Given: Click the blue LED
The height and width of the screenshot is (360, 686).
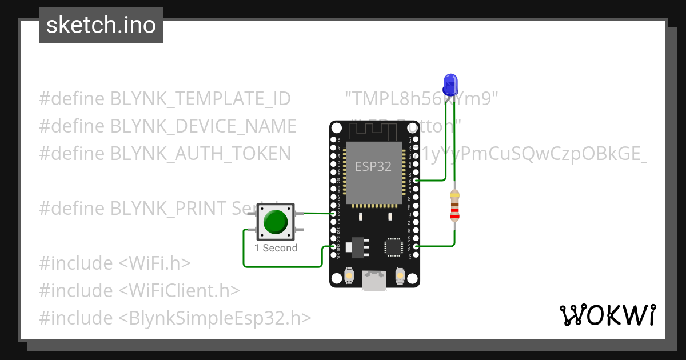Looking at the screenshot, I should click(x=450, y=83).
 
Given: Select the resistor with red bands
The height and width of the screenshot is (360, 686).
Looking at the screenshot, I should click(x=454, y=206).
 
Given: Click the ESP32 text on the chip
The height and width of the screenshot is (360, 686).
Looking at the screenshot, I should click(x=373, y=167).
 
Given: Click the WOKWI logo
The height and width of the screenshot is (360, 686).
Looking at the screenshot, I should click(x=607, y=315).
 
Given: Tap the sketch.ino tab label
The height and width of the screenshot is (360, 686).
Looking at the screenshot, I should click(x=101, y=25).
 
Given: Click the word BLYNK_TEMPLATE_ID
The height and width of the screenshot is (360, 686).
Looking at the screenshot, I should click(x=201, y=99).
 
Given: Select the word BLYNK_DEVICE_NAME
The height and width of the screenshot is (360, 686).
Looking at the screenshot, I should click(x=204, y=126).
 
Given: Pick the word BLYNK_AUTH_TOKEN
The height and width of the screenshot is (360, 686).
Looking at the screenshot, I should click(x=201, y=153).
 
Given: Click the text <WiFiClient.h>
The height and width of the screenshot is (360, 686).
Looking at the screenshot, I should click(x=179, y=290).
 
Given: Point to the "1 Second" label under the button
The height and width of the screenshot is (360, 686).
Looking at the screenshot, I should click(x=276, y=248).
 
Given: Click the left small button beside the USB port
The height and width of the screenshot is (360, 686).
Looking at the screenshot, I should click(x=348, y=277).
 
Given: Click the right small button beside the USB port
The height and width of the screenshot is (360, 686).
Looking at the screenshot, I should click(x=401, y=277).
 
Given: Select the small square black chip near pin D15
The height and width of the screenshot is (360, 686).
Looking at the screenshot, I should click(x=393, y=246).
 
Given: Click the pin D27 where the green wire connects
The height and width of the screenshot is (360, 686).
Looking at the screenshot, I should click(x=333, y=214).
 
